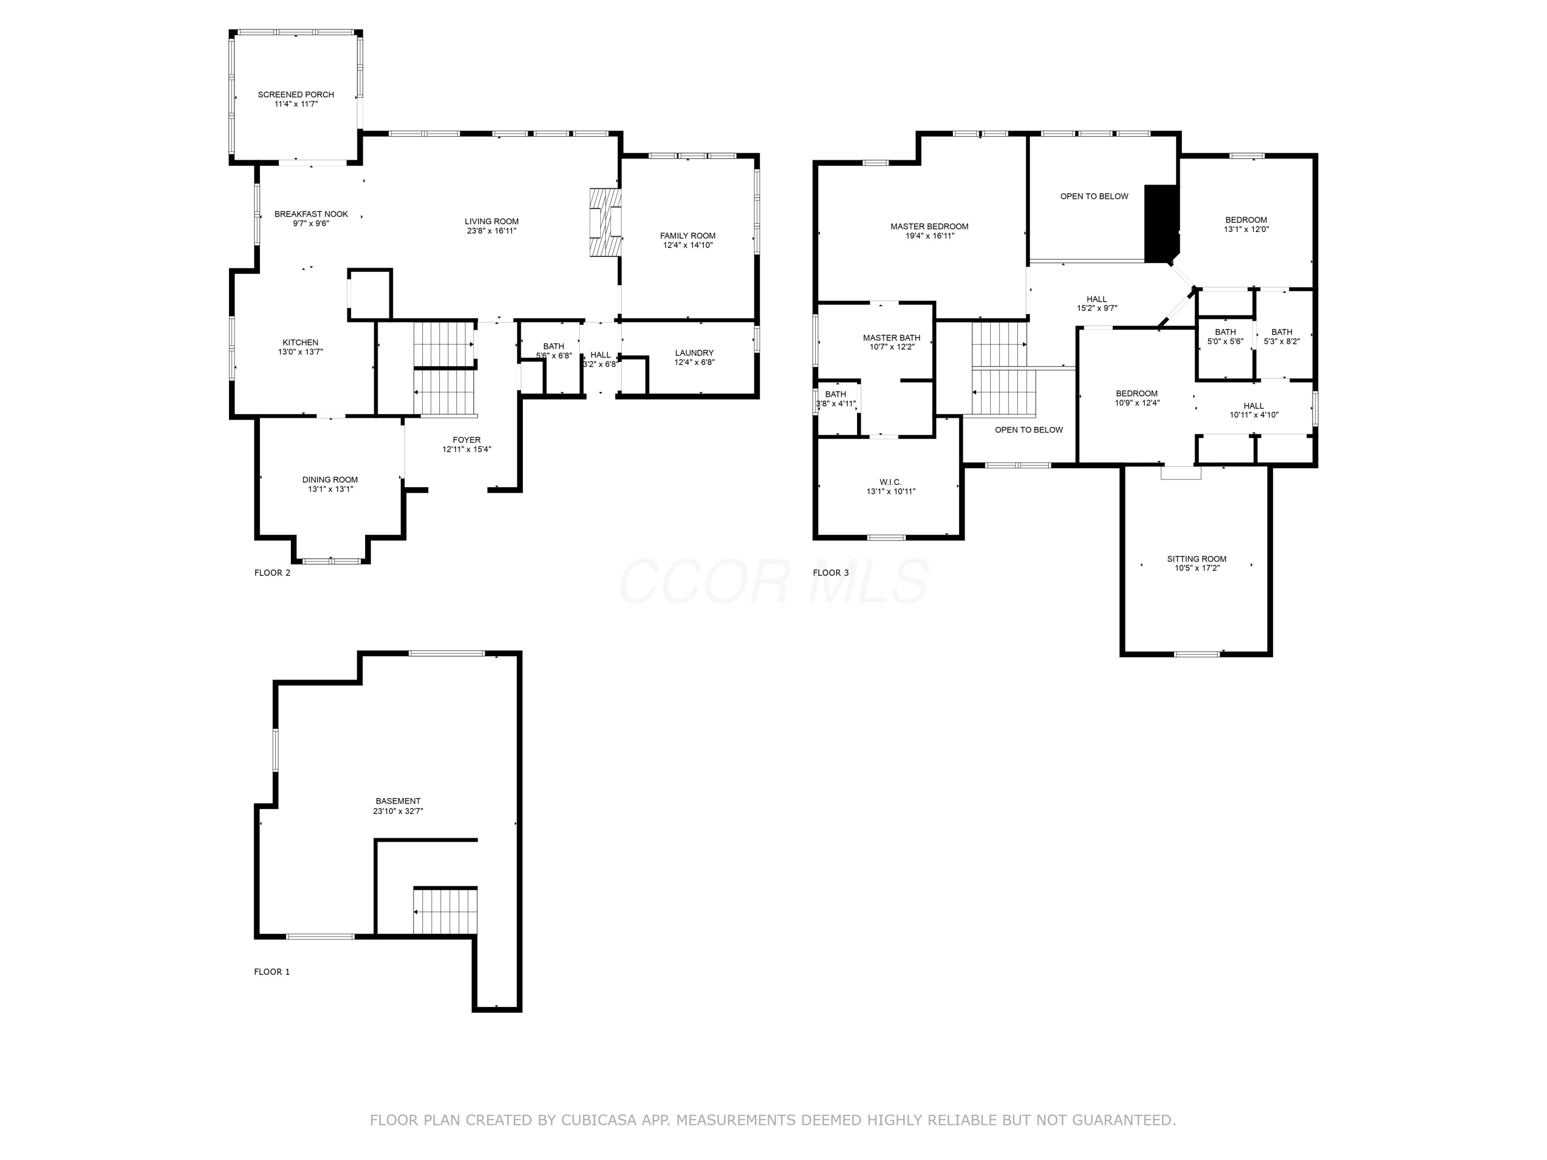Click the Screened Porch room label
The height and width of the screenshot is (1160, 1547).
[296, 94]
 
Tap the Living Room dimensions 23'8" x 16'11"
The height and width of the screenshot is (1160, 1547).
[491, 231]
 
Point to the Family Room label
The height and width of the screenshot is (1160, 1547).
[687, 236]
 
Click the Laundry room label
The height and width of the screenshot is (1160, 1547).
[694, 353]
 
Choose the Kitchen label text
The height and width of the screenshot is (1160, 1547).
[300, 343]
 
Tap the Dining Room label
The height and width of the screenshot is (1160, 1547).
[330, 479]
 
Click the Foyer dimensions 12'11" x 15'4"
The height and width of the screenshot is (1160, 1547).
[467, 450]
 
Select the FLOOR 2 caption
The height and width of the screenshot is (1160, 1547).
[272, 573]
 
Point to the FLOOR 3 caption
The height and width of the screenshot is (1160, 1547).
[831, 573]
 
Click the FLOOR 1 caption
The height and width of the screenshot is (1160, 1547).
[272, 972]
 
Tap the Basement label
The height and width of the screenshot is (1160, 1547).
[398, 801]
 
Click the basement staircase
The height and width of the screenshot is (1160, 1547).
[445, 911]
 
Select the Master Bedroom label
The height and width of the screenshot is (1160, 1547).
[929, 226]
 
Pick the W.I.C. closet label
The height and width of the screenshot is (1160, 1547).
[890, 483]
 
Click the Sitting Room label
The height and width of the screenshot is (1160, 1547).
[1197, 559]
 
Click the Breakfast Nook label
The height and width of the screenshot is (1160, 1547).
[311, 214]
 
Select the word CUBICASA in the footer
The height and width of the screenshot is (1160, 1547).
[599, 1120]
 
